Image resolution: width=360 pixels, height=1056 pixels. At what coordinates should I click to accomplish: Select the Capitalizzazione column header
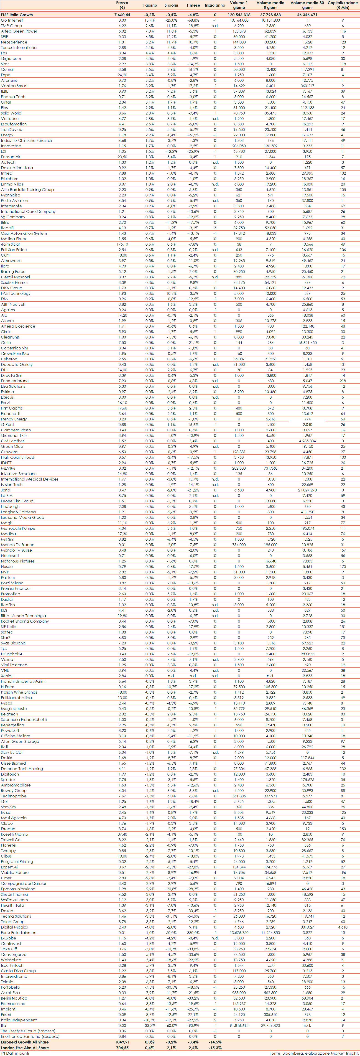(x=342, y=5)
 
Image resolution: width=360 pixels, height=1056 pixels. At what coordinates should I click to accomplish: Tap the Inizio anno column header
(x=215, y=5)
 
